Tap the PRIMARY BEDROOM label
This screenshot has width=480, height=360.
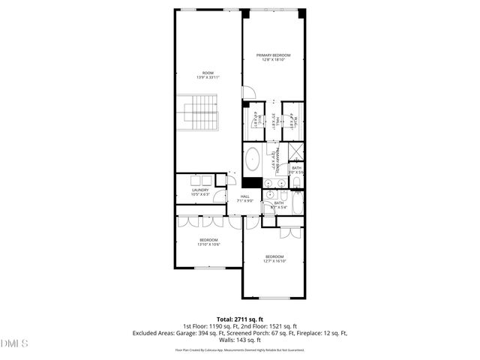click(x=273, y=57)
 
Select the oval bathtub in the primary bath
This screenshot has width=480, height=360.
click(x=253, y=160)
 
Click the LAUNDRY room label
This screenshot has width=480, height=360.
click(x=200, y=192)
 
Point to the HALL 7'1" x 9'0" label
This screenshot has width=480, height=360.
click(x=244, y=199)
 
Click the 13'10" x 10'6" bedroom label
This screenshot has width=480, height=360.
click(x=208, y=242)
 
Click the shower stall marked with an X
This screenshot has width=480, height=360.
click(x=296, y=149)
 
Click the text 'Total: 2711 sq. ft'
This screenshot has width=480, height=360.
click(x=239, y=319)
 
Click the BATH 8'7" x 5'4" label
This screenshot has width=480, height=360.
click(x=279, y=204)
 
